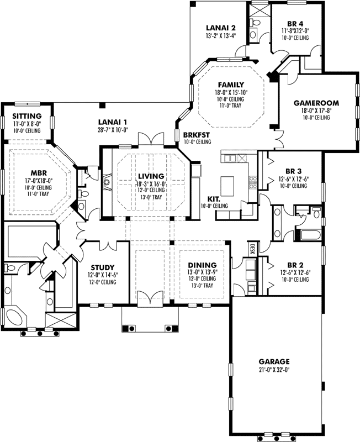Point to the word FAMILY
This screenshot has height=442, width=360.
click(231, 85)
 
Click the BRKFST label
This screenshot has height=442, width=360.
click(197, 134)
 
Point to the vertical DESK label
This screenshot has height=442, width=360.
click(252, 249)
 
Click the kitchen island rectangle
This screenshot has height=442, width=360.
click(229, 183)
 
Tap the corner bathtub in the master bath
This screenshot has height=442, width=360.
click(15, 318)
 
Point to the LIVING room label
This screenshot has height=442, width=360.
click(150, 177)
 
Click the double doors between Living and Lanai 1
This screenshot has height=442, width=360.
click(150, 139)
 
